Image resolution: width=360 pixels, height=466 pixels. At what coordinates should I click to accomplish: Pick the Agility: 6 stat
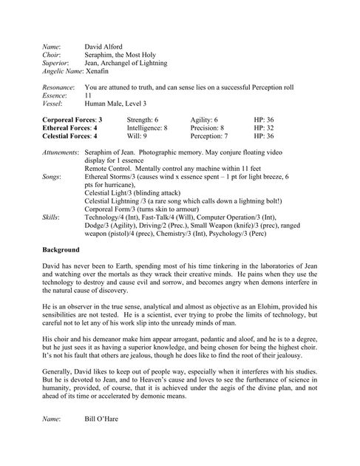(x=203, y=119)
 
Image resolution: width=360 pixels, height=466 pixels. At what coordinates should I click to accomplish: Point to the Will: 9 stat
(x=137, y=136)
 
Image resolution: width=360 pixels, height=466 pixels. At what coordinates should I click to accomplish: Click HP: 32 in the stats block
(x=264, y=127)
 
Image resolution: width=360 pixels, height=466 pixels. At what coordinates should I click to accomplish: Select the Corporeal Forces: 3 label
(x=72, y=119)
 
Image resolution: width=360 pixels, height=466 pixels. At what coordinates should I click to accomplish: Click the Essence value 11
(x=89, y=95)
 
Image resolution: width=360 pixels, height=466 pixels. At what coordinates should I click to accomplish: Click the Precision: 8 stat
(x=207, y=127)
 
